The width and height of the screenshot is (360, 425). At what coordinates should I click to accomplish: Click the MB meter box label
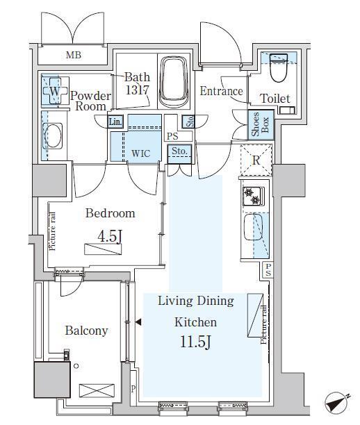click(x=74, y=56)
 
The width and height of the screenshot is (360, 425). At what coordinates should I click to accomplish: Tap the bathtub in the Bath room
click(x=174, y=82)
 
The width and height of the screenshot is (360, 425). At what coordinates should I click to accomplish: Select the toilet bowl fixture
click(x=279, y=67)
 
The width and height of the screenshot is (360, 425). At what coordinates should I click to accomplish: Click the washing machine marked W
click(x=55, y=91)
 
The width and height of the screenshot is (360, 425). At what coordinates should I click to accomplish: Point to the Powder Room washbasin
click(x=52, y=135)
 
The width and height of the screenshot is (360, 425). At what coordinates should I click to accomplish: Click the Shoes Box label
click(x=260, y=125)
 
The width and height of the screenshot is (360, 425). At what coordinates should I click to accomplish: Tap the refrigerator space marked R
click(x=256, y=160)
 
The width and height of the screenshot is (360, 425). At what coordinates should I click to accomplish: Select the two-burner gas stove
click(x=253, y=196)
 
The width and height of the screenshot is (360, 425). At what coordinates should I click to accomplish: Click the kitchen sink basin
click(x=253, y=227)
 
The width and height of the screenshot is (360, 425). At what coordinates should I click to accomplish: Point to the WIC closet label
click(x=141, y=153)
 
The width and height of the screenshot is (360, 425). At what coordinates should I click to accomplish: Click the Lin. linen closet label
click(x=115, y=122)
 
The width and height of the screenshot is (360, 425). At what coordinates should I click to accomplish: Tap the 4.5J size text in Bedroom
click(x=109, y=237)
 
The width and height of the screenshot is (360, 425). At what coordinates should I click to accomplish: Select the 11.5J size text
click(x=195, y=342)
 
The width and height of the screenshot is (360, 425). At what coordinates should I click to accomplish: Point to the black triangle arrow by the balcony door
click(x=138, y=322)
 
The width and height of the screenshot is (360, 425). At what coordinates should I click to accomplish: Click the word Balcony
click(x=87, y=331)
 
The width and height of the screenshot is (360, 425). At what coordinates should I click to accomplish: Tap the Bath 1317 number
click(x=138, y=90)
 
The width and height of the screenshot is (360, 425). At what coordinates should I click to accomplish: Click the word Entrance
click(x=222, y=91)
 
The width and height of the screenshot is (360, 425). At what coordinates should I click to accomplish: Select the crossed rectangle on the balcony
click(x=97, y=390)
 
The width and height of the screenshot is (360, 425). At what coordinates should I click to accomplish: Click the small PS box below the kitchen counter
click(x=268, y=270)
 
